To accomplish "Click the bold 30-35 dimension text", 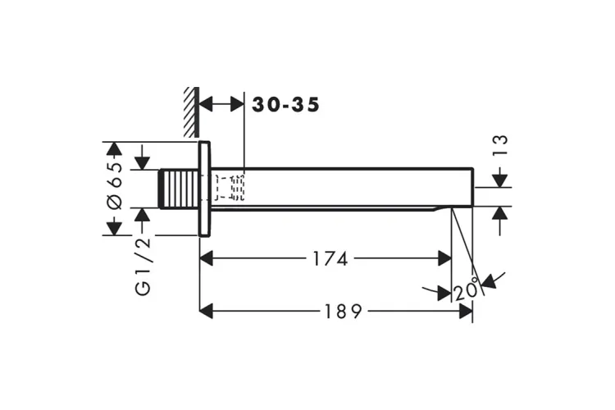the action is tap(285, 105).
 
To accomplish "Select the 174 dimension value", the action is tap(330, 259).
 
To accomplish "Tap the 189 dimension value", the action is tap(343, 312).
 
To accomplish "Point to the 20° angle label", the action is tap(467, 290).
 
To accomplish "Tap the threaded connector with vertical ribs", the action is tap(179, 189).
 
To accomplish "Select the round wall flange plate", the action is tap(204, 189).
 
